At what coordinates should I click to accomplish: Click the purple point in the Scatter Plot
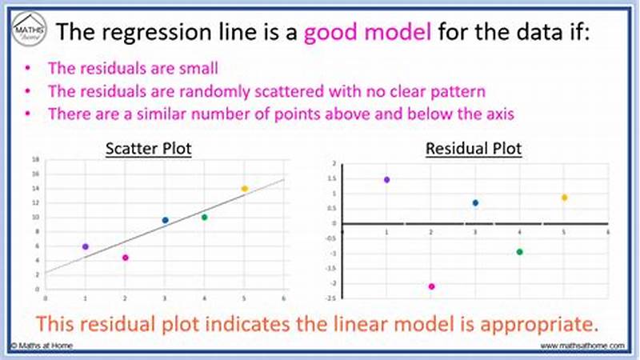pos(86,246)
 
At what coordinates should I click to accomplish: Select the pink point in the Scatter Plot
pos(125,258)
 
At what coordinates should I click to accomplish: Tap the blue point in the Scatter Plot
pos(165,220)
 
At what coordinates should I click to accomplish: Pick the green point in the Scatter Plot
pos(204,217)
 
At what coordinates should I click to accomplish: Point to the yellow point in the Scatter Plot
pos(244,189)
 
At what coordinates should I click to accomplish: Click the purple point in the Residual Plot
pos(386,180)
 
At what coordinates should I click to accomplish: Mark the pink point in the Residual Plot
pos(431,286)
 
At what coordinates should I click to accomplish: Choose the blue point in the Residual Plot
pos(475,203)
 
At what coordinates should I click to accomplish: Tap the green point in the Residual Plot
pos(519,252)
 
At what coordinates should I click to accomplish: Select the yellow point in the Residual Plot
pos(564,198)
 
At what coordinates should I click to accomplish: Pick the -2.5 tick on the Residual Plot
pos(330,298)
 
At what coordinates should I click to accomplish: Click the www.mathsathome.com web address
pos(582,346)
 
